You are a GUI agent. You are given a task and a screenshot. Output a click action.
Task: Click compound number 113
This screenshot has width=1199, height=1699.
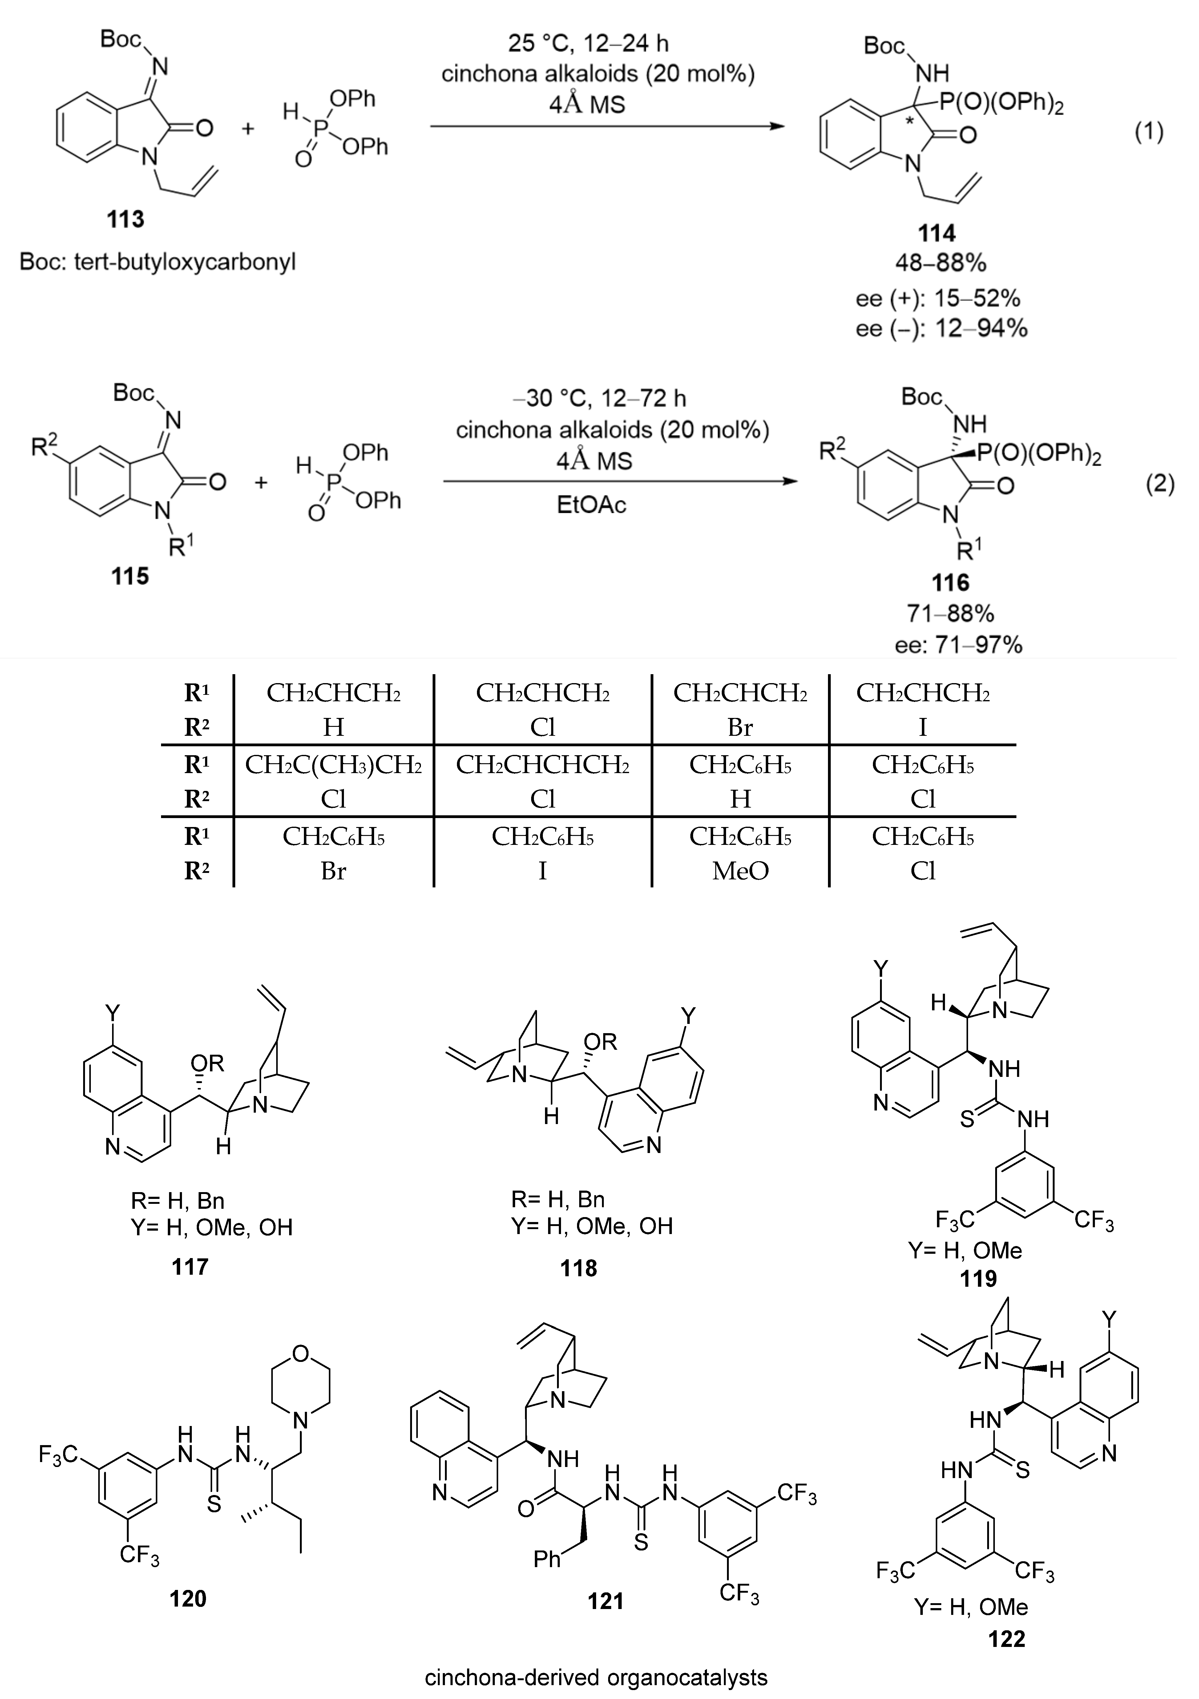125,220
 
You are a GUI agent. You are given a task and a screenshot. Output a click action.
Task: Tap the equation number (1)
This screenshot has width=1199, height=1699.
1149,132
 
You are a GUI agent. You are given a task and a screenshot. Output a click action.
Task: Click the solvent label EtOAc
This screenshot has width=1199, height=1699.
592,505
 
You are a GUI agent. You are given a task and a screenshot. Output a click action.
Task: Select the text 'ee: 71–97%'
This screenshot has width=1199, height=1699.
959,645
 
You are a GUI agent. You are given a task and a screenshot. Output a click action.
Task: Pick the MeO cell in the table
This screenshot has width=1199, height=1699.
741,871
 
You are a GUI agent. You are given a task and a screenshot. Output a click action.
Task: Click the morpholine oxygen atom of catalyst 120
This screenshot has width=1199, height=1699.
300,1354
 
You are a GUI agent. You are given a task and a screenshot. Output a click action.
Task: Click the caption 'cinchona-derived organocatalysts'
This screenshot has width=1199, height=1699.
596,1677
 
